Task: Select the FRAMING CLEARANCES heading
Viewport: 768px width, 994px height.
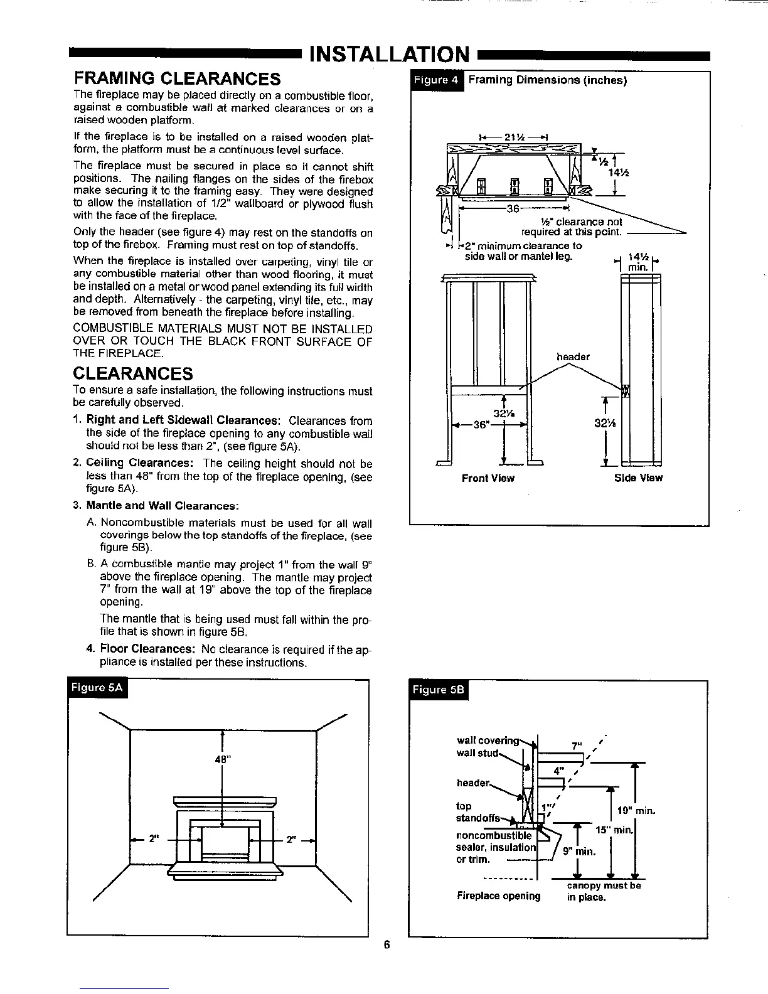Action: coord(177,79)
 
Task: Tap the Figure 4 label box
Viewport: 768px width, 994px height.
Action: coord(436,80)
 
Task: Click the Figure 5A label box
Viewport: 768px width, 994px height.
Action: coord(97,688)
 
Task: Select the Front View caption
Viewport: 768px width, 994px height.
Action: coord(488,478)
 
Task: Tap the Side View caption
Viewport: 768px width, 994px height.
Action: coord(637,478)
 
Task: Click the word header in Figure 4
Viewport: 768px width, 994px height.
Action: coord(573,357)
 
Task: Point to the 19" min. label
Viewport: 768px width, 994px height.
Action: coord(636,811)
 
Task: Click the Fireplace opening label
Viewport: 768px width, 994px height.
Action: coord(499,895)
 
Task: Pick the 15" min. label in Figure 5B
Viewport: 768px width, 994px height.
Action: coord(614,830)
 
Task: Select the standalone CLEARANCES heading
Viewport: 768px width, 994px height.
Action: coord(133,374)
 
